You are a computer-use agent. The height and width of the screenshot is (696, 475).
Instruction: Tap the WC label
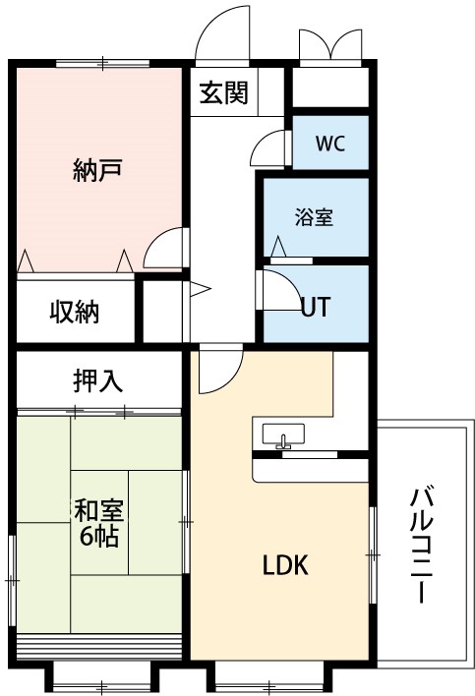click(329, 143)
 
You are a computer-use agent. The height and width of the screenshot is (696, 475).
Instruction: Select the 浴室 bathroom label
click(314, 217)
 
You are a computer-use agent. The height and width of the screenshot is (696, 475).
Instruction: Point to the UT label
click(314, 306)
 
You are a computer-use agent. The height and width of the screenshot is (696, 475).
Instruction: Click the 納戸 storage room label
click(96, 169)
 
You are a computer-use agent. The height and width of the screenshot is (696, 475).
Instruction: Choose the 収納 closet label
click(75, 312)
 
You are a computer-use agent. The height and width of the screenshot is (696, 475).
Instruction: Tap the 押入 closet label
click(97, 380)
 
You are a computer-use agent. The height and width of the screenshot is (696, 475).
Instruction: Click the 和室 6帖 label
click(98, 522)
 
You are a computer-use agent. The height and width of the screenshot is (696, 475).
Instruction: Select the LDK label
click(285, 565)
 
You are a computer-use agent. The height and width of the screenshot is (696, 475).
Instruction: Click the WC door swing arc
click(265, 148)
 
